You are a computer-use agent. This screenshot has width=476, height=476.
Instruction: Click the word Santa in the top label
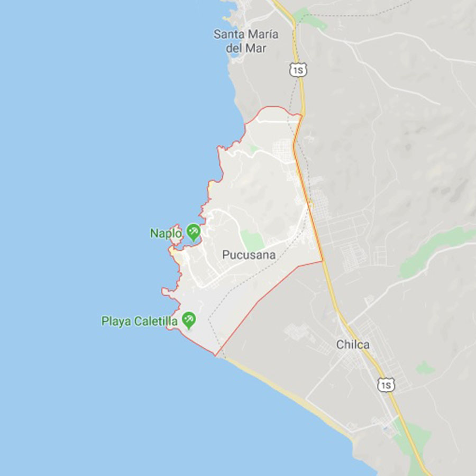pos(226,35)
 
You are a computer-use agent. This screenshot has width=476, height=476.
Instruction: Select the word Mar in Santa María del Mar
pos(257,48)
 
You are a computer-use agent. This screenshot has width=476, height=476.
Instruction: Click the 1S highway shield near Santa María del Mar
pos(298,69)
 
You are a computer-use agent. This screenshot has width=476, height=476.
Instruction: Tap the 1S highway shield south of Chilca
pos(386,385)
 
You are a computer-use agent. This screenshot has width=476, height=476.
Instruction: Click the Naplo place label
pos(166,233)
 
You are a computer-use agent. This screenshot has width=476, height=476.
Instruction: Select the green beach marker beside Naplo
pos(193,231)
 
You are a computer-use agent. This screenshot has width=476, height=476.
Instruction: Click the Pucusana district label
pos(249,255)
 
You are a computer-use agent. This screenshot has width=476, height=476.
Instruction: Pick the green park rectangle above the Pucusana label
pos(253,241)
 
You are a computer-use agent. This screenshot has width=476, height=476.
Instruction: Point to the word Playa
pos(116,321)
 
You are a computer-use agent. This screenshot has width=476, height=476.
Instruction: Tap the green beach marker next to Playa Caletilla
pos(188,319)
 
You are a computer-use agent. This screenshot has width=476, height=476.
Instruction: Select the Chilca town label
pos(353,345)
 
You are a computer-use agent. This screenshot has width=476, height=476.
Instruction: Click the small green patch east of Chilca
pos(425,368)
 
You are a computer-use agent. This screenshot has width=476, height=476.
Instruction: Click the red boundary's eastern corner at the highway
pos(323,261)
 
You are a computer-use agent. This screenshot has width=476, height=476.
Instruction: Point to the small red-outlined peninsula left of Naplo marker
pos(176,233)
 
